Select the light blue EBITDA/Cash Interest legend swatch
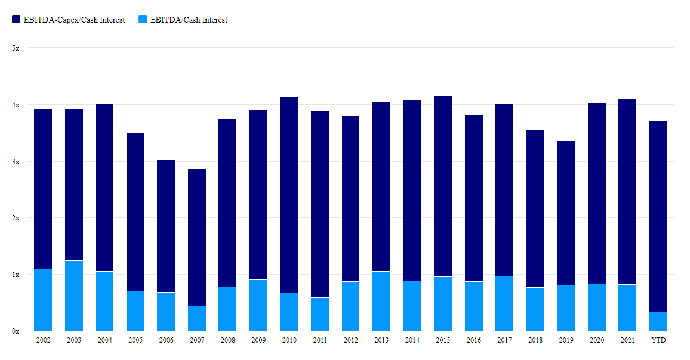tap(143, 20)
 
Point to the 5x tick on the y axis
tap(16, 48)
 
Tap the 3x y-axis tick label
tap(16, 162)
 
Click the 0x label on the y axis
tap(16, 331)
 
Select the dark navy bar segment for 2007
tap(196, 238)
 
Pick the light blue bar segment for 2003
tap(73, 296)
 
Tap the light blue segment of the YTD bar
tap(658, 321)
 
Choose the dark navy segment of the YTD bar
tap(658, 216)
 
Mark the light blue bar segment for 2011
tap(319, 314)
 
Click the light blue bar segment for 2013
tap(381, 301)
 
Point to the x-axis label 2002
tap(43, 340)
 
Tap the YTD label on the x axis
tap(658, 340)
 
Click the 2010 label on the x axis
tap(289, 340)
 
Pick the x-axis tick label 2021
tap(627, 340)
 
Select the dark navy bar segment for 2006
tap(166, 226)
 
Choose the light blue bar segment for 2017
tap(504, 303)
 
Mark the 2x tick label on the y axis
tap(16, 218)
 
